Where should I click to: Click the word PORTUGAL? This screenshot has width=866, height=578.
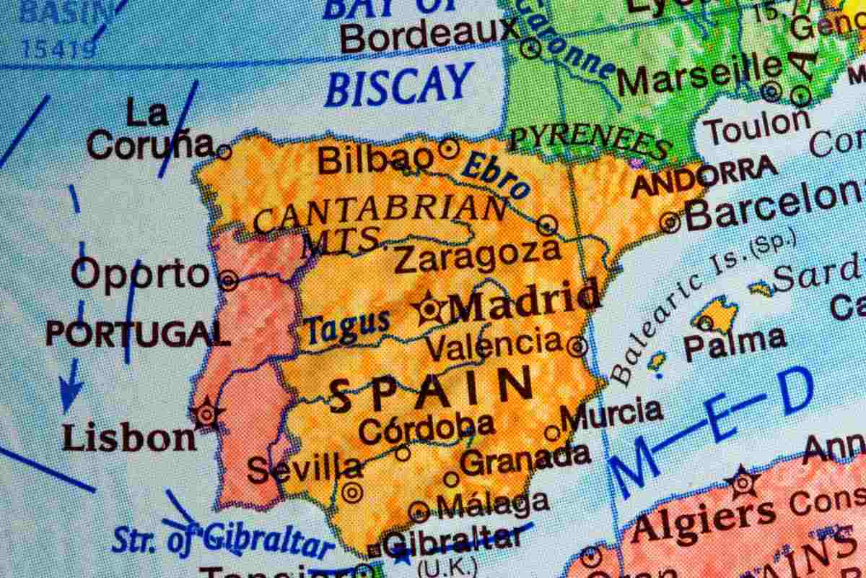click(x=137, y=334)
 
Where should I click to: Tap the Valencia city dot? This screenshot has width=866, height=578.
click(x=577, y=346)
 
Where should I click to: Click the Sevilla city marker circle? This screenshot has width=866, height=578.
click(x=352, y=492)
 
